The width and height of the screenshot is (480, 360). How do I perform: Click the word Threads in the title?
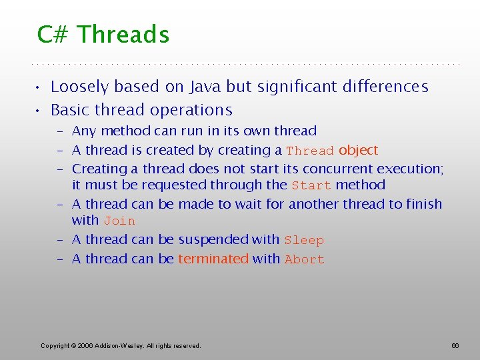(x=123, y=34)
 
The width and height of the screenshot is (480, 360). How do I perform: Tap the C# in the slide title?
(x=54, y=34)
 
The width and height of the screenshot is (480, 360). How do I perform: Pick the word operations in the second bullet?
(x=193, y=110)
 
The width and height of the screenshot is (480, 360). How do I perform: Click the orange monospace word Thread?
(x=310, y=151)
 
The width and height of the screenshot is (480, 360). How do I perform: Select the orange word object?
(x=358, y=150)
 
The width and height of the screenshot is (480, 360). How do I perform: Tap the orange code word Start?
(x=311, y=185)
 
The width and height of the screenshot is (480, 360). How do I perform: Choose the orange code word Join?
(x=119, y=221)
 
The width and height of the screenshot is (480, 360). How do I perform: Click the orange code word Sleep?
(x=304, y=240)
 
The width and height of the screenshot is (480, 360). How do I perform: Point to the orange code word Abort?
(x=304, y=259)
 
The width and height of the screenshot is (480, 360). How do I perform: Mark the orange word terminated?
(x=213, y=259)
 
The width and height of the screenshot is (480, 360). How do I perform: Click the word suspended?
(x=214, y=239)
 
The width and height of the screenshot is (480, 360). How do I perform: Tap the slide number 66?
(x=455, y=345)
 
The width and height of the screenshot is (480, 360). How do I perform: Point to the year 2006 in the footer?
(x=85, y=345)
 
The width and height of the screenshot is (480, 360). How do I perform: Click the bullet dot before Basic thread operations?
(x=40, y=111)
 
